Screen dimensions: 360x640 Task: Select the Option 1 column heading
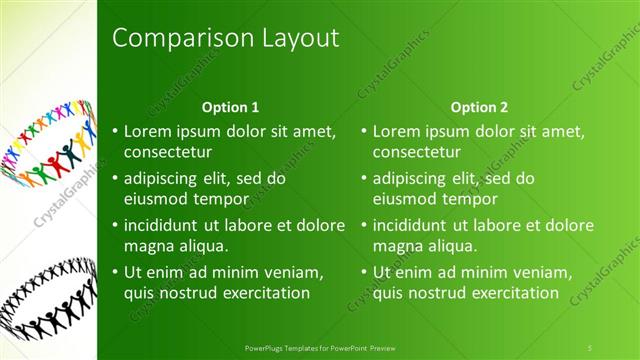point(230,106)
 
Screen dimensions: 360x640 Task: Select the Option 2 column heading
point(479,106)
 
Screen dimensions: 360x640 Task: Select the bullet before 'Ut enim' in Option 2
point(364,272)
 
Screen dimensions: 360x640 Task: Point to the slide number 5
point(591,345)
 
